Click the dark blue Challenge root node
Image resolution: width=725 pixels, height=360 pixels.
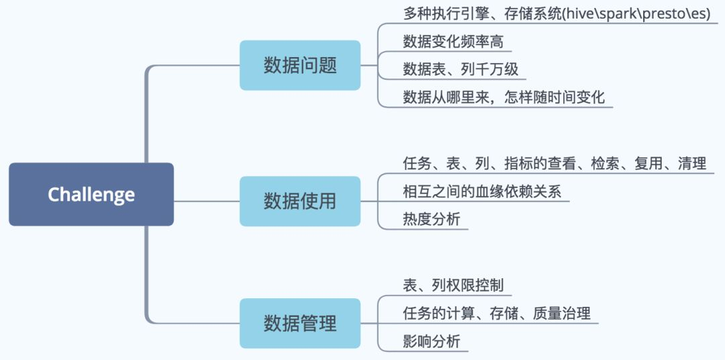coord(91,194)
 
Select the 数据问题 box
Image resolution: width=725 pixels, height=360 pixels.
coord(300,65)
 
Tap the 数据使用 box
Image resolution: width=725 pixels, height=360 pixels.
coord(300,201)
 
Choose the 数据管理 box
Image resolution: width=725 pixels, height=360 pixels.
coord(300,323)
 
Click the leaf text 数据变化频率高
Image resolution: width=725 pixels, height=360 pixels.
coord(453,42)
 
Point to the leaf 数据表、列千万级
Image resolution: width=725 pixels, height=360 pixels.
coord(461,69)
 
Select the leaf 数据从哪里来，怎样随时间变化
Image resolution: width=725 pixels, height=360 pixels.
coord(503,97)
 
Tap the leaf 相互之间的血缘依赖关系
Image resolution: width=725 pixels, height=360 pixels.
coord(481,192)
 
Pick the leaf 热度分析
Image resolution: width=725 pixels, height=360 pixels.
coord(432,220)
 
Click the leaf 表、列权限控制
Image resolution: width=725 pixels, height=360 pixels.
coord(453,285)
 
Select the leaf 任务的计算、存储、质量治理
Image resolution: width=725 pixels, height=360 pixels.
coord(497,313)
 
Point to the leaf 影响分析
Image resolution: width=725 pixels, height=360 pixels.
coord(432,341)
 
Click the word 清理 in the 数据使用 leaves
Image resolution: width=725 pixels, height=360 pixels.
coord(691,163)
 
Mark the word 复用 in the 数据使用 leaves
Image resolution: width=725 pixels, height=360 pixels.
coord(648,163)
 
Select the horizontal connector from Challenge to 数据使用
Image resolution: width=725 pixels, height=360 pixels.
coord(207,201)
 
